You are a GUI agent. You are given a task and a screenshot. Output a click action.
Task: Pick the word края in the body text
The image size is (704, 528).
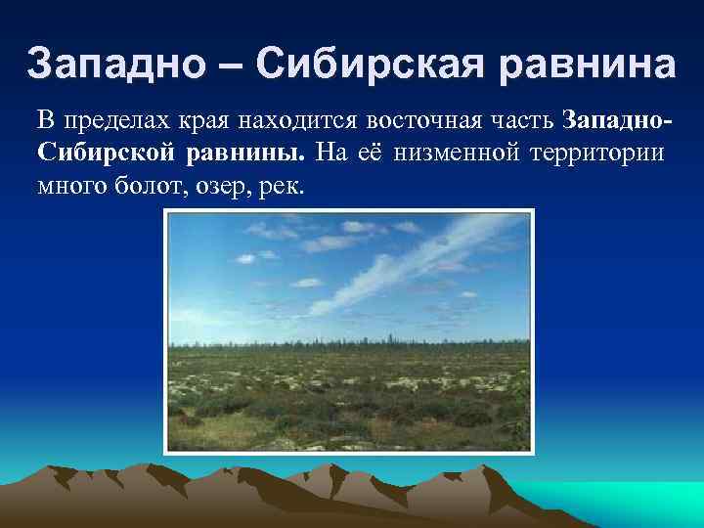click(198, 121)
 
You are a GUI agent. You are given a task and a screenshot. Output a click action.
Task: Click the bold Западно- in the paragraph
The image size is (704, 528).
click(618, 121)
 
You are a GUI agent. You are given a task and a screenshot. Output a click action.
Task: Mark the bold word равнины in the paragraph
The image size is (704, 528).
click(247, 154)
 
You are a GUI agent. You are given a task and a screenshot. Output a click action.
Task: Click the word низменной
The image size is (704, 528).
click(463, 154)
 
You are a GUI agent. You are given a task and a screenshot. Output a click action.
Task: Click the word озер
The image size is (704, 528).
click(211, 186)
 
